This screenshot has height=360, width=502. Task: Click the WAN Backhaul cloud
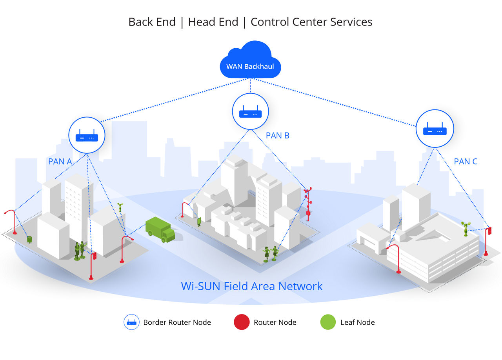click(250, 60)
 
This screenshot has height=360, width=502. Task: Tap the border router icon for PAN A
click(87, 135)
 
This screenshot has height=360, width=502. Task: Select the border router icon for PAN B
click(250, 111)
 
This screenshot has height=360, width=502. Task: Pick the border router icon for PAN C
click(435, 129)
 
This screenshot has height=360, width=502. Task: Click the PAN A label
click(60, 162)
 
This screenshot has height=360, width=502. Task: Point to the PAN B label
click(277, 135)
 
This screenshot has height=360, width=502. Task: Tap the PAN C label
click(466, 162)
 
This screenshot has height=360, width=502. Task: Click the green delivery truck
click(160, 229)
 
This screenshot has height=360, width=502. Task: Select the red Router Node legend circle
click(242, 322)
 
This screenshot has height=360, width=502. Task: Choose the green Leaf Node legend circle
click(328, 322)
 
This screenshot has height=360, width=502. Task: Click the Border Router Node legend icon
click(131, 322)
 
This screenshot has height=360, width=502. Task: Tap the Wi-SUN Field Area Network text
click(252, 286)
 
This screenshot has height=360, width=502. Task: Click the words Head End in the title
click(213, 22)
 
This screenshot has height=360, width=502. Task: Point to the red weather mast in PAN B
click(308, 204)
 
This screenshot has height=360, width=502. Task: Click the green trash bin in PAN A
click(29, 239)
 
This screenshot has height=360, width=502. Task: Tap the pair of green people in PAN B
click(271, 254)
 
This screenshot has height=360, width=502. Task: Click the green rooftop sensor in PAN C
click(466, 229)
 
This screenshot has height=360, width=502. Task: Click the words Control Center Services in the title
click(311, 22)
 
